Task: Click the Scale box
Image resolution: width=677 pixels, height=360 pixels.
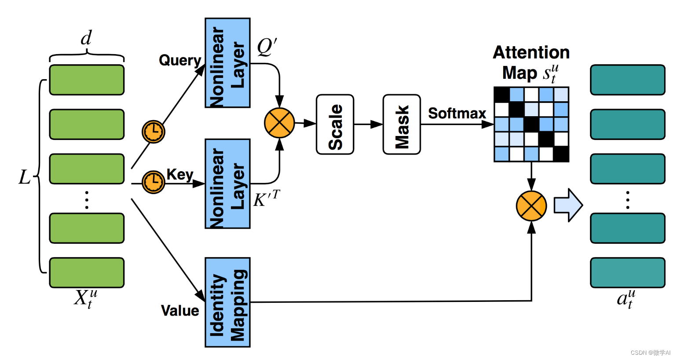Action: (335, 125)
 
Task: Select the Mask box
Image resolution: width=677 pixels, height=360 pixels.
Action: (402, 125)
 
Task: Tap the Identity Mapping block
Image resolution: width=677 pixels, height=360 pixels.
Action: (227, 302)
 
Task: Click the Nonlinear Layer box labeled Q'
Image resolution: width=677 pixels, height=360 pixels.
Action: (227, 63)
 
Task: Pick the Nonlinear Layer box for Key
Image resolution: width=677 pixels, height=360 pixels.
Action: (227, 184)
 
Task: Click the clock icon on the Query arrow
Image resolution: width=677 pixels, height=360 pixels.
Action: (154, 131)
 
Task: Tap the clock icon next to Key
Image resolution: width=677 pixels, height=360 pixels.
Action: (154, 182)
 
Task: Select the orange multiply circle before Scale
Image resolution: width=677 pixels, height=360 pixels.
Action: (279, 123)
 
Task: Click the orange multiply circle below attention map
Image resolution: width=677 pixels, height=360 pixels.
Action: (531, 206)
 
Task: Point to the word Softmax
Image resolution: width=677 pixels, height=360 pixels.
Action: (457, 114)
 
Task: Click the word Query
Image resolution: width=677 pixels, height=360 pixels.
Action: (180, 60)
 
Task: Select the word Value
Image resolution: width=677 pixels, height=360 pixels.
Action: (180, 311)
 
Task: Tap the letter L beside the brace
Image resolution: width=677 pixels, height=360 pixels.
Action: (25, 177)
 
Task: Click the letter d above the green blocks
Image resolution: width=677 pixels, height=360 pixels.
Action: (86, 38)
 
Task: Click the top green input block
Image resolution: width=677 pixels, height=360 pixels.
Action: (87, 80)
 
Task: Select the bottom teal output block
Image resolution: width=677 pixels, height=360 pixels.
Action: (627, 273)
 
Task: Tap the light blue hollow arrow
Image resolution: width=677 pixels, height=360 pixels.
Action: (568, 205)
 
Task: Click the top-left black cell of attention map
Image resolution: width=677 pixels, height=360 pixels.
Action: (501, 95)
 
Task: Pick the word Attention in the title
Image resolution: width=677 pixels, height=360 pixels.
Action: (531, 52)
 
